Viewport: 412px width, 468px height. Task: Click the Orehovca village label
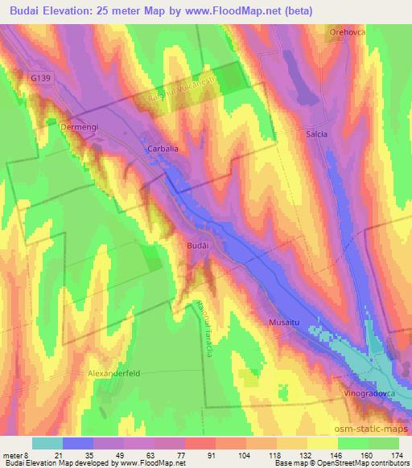(x=346, y=32)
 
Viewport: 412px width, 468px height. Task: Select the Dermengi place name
(x=79, y=126)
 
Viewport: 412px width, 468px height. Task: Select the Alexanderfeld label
(x=119, y=375)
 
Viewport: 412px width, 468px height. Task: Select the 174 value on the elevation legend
(x=398, y=456)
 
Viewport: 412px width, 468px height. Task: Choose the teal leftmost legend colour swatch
(x=47, y=443)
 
